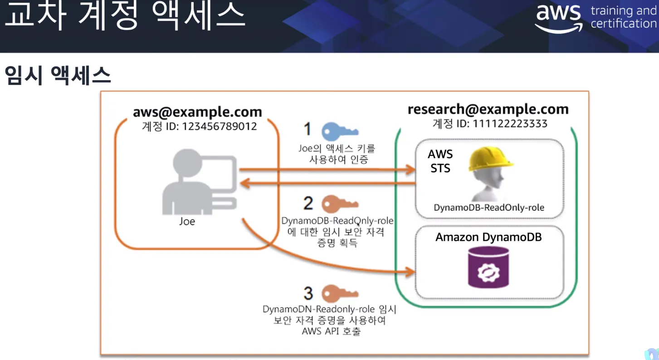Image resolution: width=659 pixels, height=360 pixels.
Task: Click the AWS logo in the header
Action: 558,19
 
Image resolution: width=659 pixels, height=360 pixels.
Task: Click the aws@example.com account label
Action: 197,112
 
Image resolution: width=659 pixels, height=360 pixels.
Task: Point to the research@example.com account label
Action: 488,109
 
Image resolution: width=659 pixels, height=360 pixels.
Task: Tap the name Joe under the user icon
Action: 187,222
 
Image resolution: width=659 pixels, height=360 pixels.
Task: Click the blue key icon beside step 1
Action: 340,131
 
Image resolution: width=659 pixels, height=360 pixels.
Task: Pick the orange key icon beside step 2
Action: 340,204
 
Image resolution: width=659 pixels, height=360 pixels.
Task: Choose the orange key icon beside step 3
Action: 340,293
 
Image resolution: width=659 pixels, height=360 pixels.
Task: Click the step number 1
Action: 308,130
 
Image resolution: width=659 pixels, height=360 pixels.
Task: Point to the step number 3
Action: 308,293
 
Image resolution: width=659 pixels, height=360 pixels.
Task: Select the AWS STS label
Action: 440,161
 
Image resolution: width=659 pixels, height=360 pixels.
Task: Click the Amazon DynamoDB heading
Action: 488,237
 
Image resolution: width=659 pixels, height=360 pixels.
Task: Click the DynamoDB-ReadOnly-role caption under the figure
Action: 489,208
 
